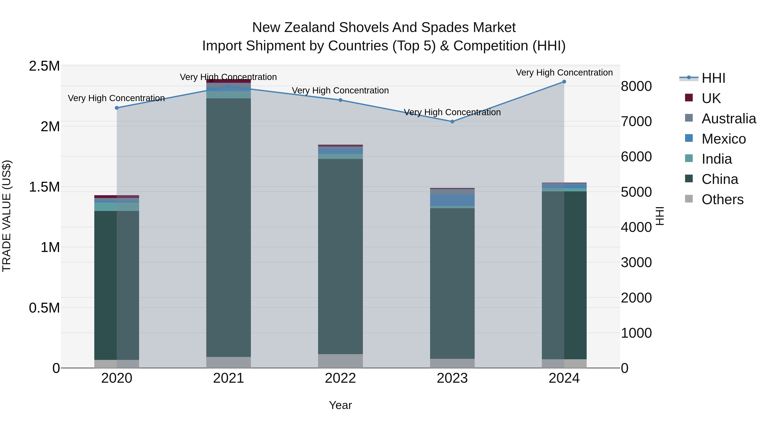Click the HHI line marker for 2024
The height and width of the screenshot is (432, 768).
click(564, 82)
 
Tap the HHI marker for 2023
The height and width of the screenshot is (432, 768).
click(452, 122)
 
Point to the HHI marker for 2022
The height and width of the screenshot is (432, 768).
click(340, 100)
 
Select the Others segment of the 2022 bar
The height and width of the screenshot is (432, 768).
click(340, 361)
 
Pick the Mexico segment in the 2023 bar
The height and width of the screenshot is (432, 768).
click(452, 200)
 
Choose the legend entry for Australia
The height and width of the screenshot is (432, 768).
click(729, 119)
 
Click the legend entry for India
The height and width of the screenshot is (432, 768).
click(716, 159)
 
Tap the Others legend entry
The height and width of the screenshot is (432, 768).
click(722, 199)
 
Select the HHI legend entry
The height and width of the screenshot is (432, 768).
click(713, 78)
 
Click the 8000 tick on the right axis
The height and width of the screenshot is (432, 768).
click(636, 86)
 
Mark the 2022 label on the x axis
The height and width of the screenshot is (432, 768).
click(340, 378)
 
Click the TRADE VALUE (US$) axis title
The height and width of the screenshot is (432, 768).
click(7, 216)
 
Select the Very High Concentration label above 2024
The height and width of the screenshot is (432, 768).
click(564, 73)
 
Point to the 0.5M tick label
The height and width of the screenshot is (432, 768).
click(44, 308)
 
